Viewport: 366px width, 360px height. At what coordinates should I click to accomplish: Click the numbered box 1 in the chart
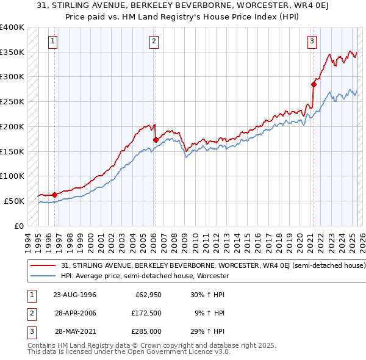click(53, 41)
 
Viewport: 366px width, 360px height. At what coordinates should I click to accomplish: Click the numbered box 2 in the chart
click(154, 41)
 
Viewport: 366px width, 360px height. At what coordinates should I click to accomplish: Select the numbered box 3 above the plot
click(312, 41)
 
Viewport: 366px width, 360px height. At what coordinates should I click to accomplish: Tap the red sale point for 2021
click(314, 84)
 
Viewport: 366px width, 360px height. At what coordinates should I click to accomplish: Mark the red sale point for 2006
click(156, 140)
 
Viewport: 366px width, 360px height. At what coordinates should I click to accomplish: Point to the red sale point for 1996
click(55, 195)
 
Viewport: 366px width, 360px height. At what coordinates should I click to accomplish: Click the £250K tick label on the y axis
click(12, 101)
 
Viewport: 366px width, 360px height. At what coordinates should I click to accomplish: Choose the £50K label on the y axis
click(15, 201)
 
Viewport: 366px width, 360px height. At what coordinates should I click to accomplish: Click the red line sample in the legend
click(44, 266)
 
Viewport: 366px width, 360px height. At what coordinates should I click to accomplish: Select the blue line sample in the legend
click(44, 276)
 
